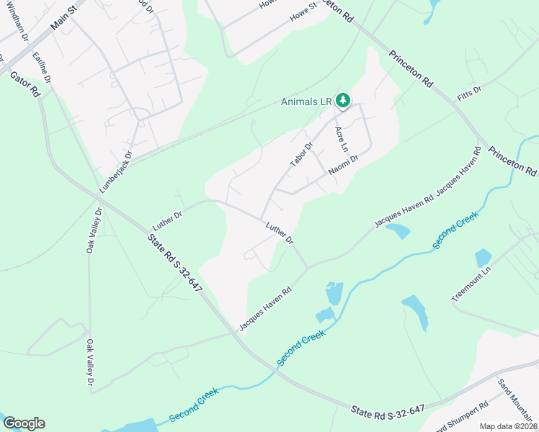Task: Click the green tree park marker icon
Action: click(x=344, y=101)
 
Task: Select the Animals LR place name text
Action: click(x=305, y=102)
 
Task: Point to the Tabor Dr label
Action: click(x=302, y=155)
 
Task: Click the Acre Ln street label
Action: click(x=341, y=140)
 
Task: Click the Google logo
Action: click(x=24, y=423)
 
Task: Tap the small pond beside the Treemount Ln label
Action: click(x=483, y=258)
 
